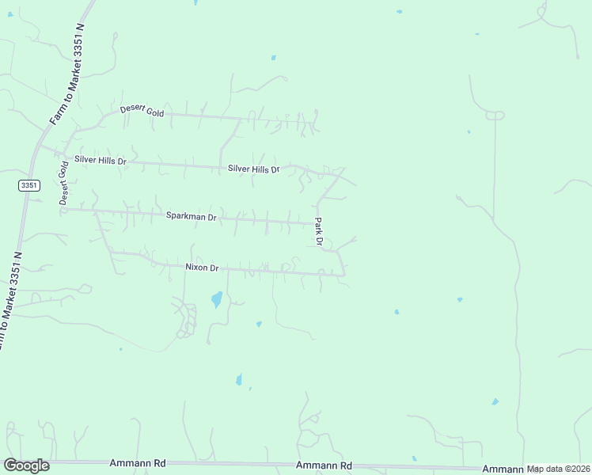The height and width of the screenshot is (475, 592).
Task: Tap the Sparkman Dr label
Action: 191,215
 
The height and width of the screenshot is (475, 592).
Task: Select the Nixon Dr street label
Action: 202,268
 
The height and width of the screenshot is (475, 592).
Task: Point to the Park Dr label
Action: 320,230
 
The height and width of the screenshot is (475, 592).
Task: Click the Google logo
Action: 26,465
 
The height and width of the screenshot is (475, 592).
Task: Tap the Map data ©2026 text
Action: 558,469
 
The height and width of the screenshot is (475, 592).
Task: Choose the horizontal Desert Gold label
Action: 142,112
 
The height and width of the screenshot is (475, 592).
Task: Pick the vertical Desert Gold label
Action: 63,183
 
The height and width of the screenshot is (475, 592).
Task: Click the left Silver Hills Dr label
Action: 100,160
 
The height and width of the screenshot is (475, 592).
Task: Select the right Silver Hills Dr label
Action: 253,169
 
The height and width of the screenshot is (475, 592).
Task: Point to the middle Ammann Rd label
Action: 323,466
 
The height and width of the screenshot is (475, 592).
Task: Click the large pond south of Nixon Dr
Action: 215,300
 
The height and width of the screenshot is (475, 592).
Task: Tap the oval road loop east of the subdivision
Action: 495,116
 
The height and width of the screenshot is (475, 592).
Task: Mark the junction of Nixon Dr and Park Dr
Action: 344,275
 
